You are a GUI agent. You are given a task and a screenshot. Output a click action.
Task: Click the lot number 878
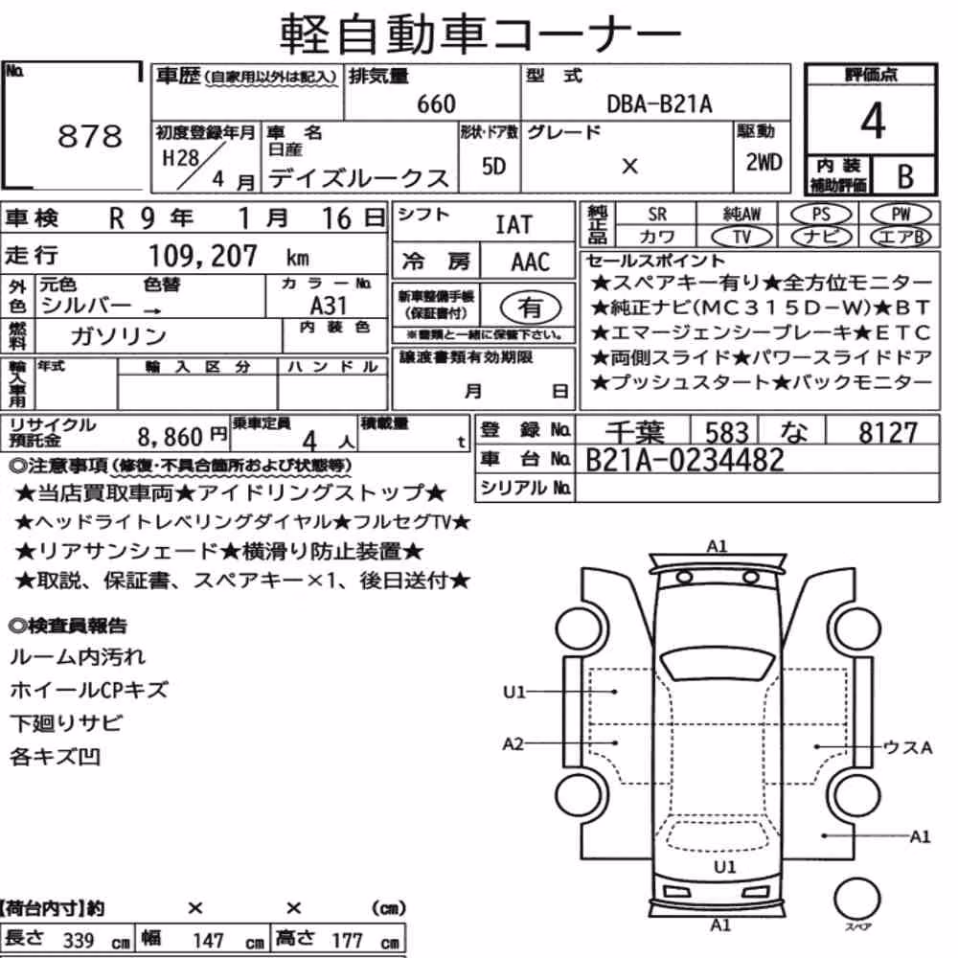click(x=90, y=136)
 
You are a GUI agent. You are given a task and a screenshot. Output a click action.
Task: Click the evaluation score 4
click(x=873, y=121)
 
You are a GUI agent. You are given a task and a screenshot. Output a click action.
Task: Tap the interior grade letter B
click(x=905, y=176)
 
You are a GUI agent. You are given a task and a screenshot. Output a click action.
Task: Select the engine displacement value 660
click(x=436, y=103)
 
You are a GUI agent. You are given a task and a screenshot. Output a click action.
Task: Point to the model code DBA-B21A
click(x=659, y=103)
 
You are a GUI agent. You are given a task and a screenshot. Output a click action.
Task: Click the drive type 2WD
click(x=764, y=162)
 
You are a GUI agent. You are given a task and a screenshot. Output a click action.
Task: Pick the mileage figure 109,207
click(x=203, y=256)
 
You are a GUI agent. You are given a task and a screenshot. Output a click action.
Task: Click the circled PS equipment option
click(x=821, y=215)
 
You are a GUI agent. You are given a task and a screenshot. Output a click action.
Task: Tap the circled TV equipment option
click(x=741, y=237)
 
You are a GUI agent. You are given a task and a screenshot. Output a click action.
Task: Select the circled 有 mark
click(x=530, y=308)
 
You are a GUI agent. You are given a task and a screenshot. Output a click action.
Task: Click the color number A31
click(x=328, y=306)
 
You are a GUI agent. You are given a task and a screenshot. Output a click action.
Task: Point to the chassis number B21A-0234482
click(x=684, y=460)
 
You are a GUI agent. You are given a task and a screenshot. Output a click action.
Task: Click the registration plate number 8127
click(x=888, y=433)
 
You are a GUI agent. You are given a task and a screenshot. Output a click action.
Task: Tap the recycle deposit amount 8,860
click(x=170, y=437)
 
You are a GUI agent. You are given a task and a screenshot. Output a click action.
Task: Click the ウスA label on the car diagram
click(x=908, y=747)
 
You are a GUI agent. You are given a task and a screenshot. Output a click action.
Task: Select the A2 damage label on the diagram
click(x=513, y=743)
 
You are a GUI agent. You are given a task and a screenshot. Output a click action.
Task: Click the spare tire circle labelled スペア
click(x=856, y=899)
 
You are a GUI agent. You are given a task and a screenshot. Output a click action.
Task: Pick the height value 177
click(x=347, y=941)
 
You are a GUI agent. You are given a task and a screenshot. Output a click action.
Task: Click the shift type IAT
click(x=513, y=224)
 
